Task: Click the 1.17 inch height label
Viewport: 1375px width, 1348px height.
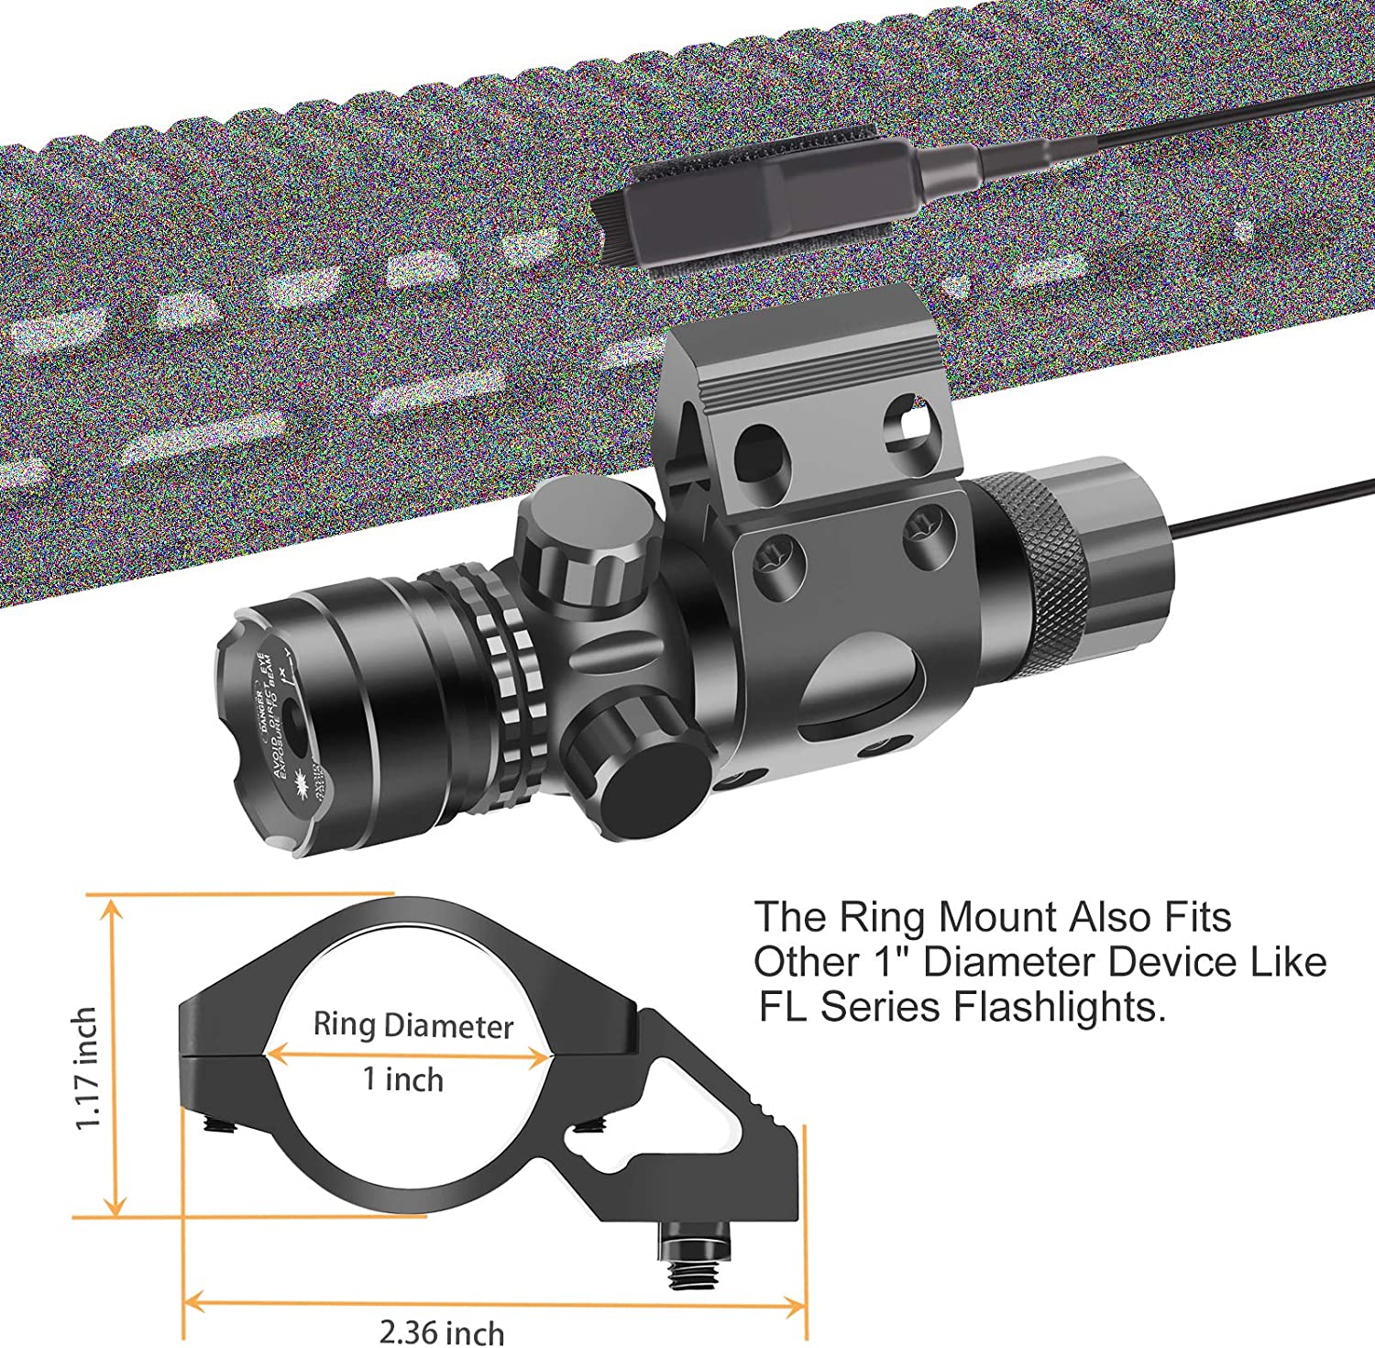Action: click(87, 1067)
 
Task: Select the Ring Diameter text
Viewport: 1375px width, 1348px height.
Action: click(412, 1025)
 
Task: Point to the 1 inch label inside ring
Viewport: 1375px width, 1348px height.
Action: click(403, 1079)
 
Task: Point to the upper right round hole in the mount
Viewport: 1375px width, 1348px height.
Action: click(909, 422)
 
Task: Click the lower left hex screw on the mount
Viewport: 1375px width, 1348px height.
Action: click(777, 561)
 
